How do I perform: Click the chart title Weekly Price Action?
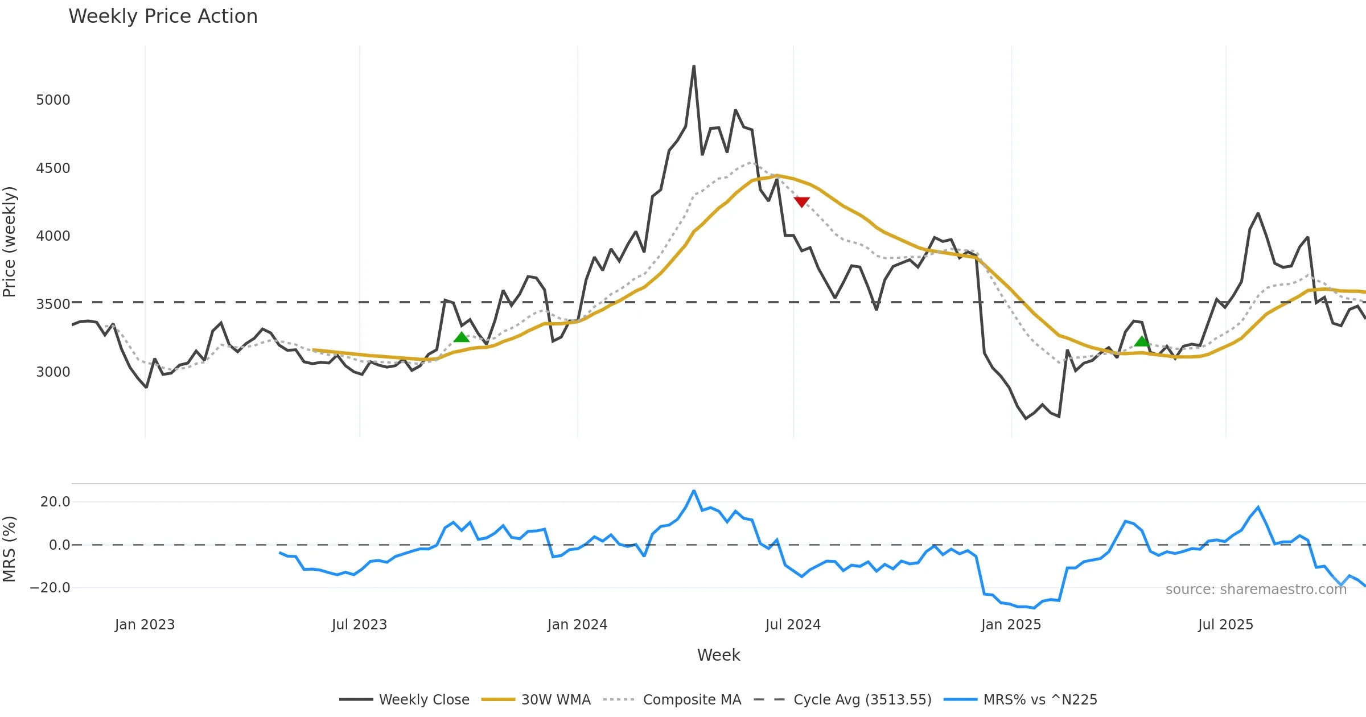[x=163, y=17]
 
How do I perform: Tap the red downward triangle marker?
[x=801, y=202]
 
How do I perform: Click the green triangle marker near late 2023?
[x=462, y=337]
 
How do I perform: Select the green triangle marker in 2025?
[x=1142, y=341]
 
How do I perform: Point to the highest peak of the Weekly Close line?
[x=694, y=67]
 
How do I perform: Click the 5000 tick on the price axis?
[x=53, y=100]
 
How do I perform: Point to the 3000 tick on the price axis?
[x=53, y=372]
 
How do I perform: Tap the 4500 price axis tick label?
[x=53, y=168]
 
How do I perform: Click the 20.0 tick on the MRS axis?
[x=55, y=502]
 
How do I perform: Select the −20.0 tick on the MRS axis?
[x=50, y=588]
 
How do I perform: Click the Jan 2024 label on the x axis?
[x=577, y=625]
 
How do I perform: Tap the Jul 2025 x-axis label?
[x=1225, y=625]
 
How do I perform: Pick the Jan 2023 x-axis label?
[x=145, y=625]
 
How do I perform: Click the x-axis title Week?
[x=718, y=656]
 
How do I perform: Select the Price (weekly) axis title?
[x=10, y=242]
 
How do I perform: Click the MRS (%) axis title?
[x=10, y=549]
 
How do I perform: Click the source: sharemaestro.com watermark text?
[x=1256, y=590]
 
